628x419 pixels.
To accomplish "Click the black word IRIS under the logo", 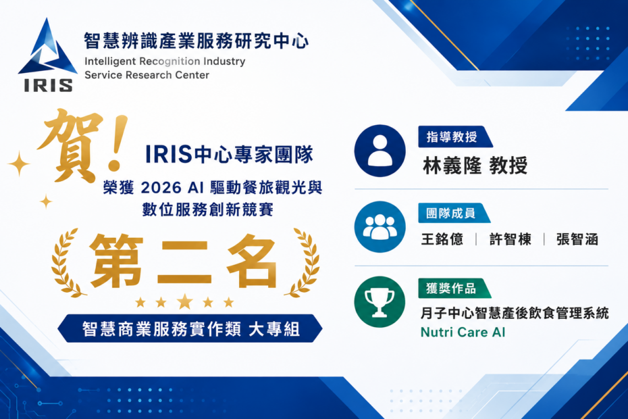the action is pos(48,85).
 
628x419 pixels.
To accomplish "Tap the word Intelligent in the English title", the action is pos(110,62).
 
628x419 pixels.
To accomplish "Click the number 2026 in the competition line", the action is pos(161,188).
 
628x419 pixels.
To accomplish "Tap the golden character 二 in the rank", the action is pos(184,263).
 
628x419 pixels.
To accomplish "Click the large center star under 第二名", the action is pos(184,301).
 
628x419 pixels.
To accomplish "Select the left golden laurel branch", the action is pos(66,263).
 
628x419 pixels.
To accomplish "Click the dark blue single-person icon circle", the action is pos(380,151).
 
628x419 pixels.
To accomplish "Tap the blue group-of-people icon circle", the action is pos(380,227).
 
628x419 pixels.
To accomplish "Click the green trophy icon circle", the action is pos(380,302).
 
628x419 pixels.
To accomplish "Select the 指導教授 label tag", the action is pos(455,137).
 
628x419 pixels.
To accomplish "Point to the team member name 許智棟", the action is pos(511,239).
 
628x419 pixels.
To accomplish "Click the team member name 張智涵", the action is pos(577,239).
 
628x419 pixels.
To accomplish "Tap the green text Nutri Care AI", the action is pos(463,332).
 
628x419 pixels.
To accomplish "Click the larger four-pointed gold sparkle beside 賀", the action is pos(19,164).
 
